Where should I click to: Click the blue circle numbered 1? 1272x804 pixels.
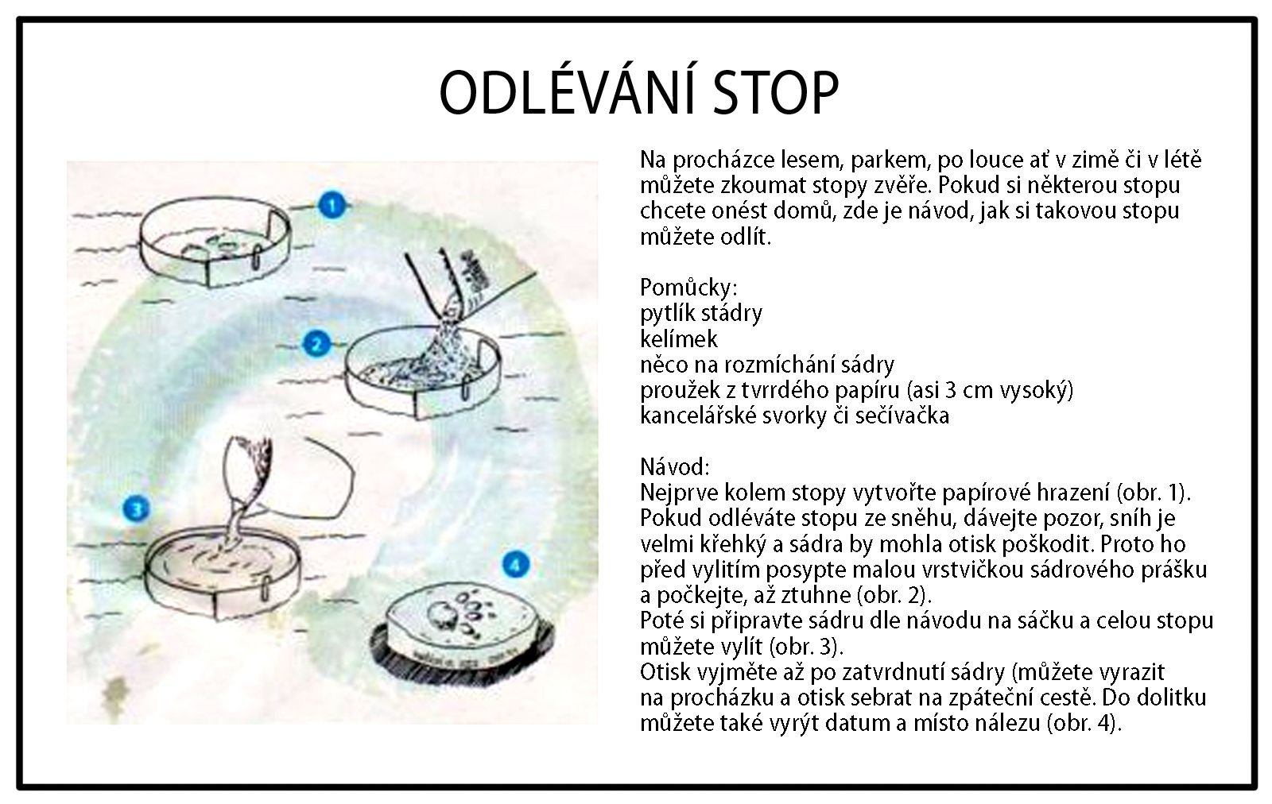coord(332,205)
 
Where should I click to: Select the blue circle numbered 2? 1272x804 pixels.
coord(316,344)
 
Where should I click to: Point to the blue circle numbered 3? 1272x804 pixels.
coord(136,509)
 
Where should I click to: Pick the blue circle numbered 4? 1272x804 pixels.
coord(516,565)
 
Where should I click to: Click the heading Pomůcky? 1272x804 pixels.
coord(688,288)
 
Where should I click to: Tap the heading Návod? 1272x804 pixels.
coord(675,467)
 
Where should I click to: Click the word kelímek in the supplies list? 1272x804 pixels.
coord(679,339)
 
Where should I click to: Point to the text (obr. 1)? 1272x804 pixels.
coord(1153,493)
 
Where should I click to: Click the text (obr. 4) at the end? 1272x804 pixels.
coord(1084,724)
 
